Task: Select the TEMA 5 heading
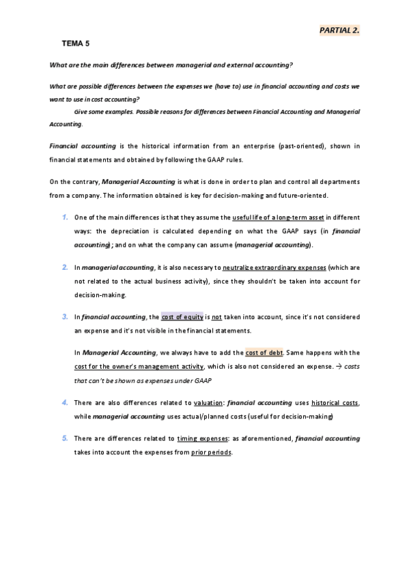click(75, 44)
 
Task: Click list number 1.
click(64, 217)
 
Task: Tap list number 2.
click(64, 268)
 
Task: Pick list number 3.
click(64, 316)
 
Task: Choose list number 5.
click(64, 438)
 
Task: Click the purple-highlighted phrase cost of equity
click(182, 317)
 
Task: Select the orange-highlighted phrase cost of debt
click(264, 352)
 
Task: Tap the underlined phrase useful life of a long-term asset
click(278, 217)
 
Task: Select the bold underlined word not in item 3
click(216, 317)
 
